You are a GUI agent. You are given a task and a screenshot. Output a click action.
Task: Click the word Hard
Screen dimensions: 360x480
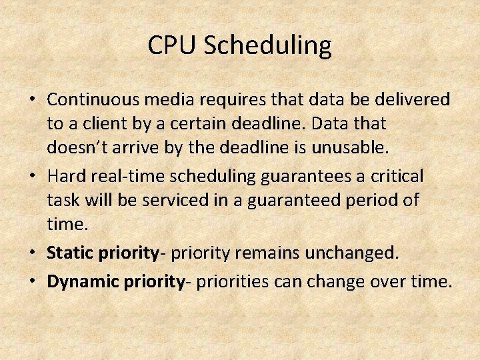[x=64, y=176]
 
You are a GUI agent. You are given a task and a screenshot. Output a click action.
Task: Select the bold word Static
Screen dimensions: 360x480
[x=71, y=253]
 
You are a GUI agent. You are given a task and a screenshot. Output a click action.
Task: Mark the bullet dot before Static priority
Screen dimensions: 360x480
[x=31, y=254]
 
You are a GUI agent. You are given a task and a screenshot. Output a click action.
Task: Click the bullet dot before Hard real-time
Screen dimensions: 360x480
[x=31, y=177]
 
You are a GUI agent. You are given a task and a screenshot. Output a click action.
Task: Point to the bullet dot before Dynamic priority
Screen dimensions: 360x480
[x=31, y=282]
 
